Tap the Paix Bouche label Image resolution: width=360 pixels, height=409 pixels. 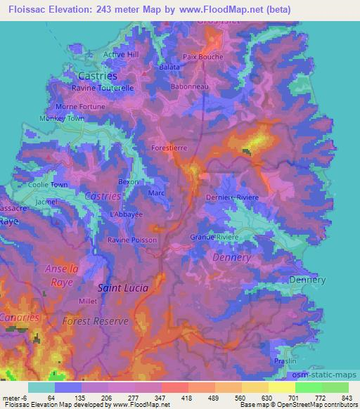(x=202, y=57)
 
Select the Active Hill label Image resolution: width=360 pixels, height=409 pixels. (x=121, y=54)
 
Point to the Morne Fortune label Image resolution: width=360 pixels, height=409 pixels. (x=80, y=107)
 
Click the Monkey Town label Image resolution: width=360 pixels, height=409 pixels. (x=61, y=119)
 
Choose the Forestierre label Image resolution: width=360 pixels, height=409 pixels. (x=170, y=148)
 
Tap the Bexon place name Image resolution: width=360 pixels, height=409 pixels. (x=129, y=181)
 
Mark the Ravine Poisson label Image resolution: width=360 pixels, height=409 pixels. (x=132, y=240)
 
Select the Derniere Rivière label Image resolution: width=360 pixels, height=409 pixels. (x=233, y=197)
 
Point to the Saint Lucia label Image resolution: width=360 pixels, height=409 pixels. (x=122, y=287)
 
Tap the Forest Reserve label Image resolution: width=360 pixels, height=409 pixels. (x=96, y=320)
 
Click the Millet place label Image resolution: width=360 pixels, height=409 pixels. (x=88, y=301)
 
